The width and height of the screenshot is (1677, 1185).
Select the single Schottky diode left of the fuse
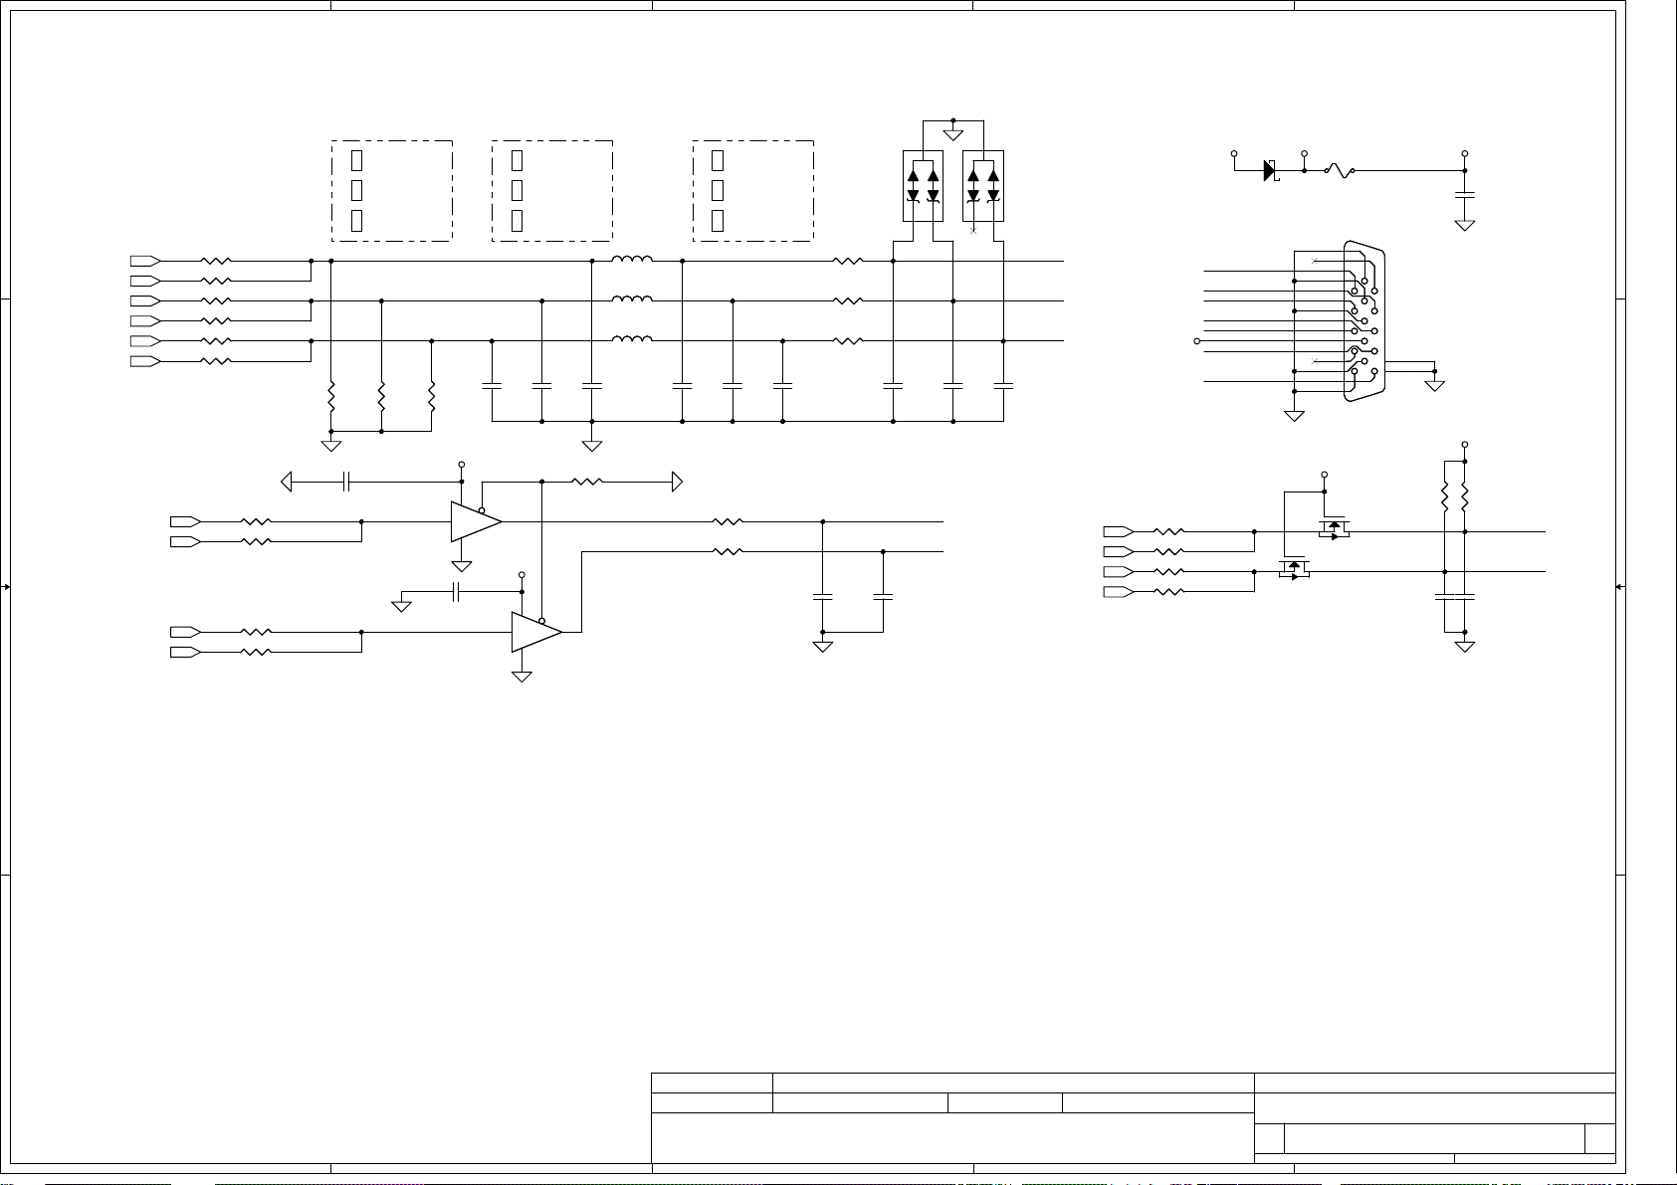[x=1270, y=170]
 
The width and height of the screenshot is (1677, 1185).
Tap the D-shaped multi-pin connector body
[x=1363, y=320]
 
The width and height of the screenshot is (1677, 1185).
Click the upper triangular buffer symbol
[x=474, y=521]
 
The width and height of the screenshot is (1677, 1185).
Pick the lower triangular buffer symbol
[x=534, y=632]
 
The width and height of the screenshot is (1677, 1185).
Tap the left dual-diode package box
[x=923, y=186]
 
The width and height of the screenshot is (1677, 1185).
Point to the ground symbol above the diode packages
[x=953, y=133]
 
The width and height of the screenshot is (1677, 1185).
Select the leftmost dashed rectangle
[x=392, y=190]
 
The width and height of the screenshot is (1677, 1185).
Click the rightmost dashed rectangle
[x=753, y=190]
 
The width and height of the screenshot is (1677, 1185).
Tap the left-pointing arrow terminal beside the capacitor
[x=287, y=482]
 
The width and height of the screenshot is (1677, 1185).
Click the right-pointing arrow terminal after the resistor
[x=677, y=482]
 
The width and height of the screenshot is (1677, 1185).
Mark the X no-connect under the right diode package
[x=973, y=230]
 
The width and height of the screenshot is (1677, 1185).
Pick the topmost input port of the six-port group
[x=144, y=261]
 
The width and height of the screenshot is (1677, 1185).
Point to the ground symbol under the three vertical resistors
[x=331, y=444]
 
